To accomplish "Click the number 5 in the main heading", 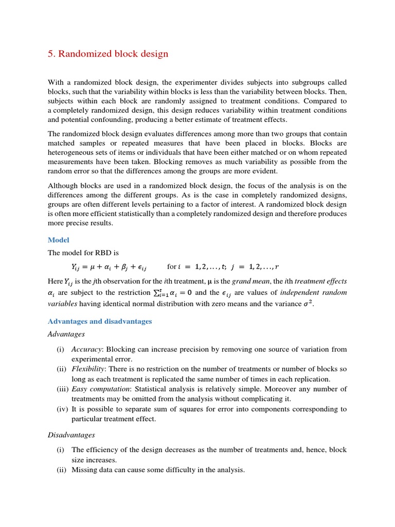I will [50, 54].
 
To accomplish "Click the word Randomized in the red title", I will [84, 54].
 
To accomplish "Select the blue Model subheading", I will [58, 240].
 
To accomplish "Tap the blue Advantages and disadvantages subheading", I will [100, 321].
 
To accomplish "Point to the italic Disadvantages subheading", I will [71, 435].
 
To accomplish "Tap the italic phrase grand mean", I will [248, 281].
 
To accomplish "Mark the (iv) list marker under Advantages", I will [62, 409].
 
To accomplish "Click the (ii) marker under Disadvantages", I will [62, 469].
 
